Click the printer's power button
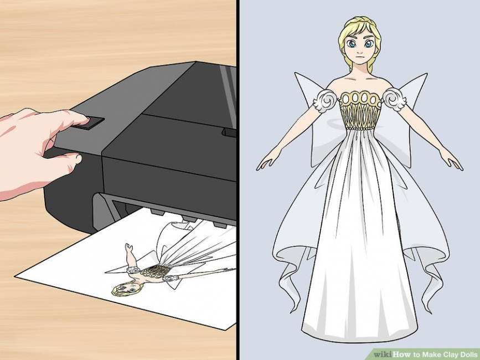point(90,122)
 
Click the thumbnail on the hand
point(78,159)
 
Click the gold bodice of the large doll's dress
point(360,111)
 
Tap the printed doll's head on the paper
point(127,288)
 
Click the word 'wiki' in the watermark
point(383,354)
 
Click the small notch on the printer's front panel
point(229,132)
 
